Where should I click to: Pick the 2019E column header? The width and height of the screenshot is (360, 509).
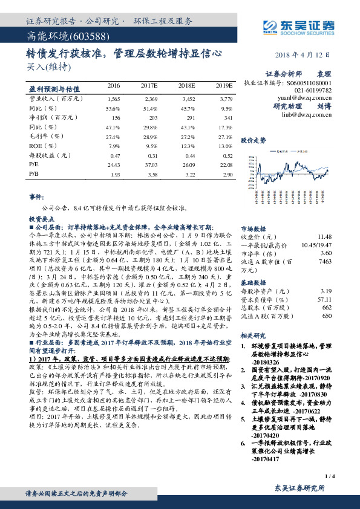(223, 86)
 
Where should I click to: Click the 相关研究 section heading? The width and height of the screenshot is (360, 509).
(254, 334)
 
